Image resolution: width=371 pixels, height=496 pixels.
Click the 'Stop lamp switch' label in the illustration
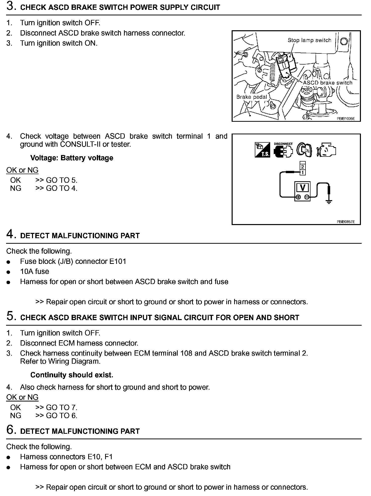pos(309,40)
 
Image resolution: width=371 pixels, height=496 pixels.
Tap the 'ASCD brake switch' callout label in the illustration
pos(327,83)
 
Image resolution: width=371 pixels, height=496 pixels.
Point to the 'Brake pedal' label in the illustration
pos(251,97)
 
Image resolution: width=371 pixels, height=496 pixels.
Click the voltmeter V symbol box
pos(302,188)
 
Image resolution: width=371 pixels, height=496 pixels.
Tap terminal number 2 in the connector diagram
pos(302,167)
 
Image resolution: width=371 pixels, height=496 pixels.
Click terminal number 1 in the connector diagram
pos(302,173)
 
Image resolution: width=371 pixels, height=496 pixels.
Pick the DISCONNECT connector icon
pos(283,150)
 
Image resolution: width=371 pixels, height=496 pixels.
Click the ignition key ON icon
pos(304,150)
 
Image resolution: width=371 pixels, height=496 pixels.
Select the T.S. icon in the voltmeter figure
pos(262,150)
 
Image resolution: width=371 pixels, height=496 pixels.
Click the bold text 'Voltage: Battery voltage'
pos(72,158)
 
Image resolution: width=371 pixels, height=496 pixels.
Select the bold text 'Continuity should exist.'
pos(72,375)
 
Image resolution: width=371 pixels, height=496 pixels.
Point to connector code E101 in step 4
pos(117,261)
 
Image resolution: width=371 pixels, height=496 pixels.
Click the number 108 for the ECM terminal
pos(187,353)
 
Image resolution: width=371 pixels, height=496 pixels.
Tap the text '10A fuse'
pos(35,271)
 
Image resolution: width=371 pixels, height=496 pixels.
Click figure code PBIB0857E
pos(346,222)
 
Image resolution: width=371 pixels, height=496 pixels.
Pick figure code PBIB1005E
pos(346,118)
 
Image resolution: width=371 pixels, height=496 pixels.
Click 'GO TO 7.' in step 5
pos(61,408)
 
